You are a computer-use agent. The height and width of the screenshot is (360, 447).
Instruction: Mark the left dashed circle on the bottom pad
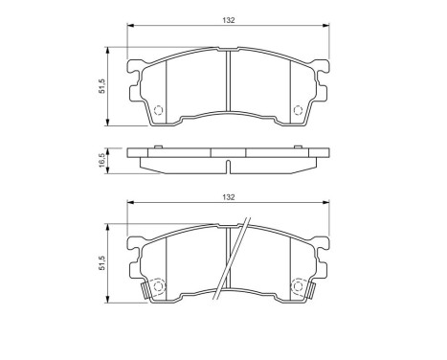[x=160, y=285]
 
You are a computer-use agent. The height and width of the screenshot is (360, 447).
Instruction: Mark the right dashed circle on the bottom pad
[x=298, y=285]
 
